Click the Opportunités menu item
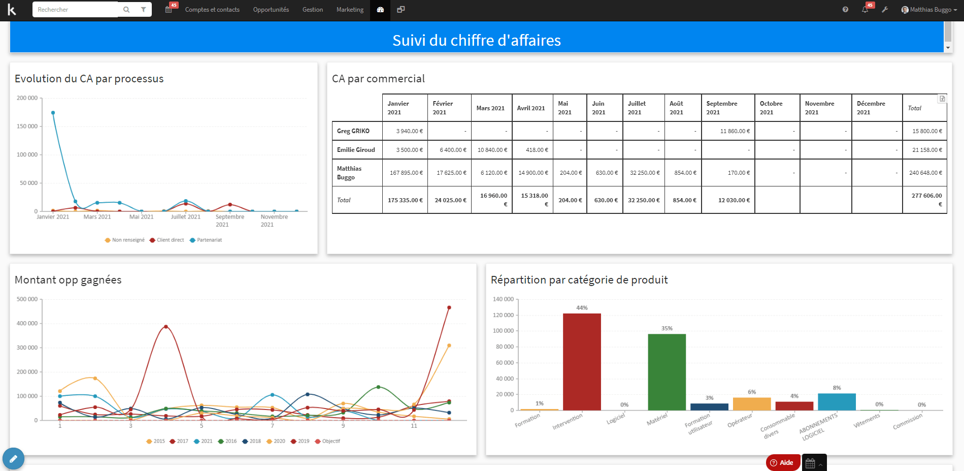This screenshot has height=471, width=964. pos(271,10)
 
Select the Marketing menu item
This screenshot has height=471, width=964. pos(350,10)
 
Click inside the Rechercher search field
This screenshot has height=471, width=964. pos(76,10)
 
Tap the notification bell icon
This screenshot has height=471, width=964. pos(865,10)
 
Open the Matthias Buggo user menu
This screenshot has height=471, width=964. pos(929,10)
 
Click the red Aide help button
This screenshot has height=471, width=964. pos(782,462)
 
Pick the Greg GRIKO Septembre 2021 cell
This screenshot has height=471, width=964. pos(727,131)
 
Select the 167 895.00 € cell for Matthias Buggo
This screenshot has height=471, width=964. pos(405,173)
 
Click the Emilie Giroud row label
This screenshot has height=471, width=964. pos(356,150)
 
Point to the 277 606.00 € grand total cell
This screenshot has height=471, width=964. pos(924,200)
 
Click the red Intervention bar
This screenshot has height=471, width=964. pos(582,362)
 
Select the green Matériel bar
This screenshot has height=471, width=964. pos(667,372)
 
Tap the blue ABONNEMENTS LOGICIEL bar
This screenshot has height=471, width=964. pos(837,402)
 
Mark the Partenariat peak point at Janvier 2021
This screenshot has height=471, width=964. pos(53,113)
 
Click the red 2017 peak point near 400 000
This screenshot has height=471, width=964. pos(166,327)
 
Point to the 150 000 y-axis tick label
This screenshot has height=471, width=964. pos(27,126)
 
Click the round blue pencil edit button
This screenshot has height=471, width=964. pos(13,459)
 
